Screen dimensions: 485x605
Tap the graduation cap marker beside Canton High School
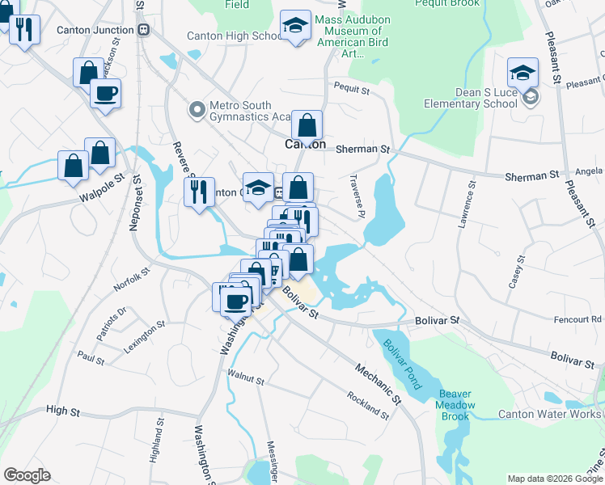point(296,27)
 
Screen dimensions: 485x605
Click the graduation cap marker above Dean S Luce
point(522,73)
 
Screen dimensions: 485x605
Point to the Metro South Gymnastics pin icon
point(196,109)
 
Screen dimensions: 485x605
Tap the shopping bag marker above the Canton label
point(307,125)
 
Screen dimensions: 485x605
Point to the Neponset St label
point(136,207)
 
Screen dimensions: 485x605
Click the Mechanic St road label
point(377,382)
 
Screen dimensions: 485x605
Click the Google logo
point(27,475)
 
